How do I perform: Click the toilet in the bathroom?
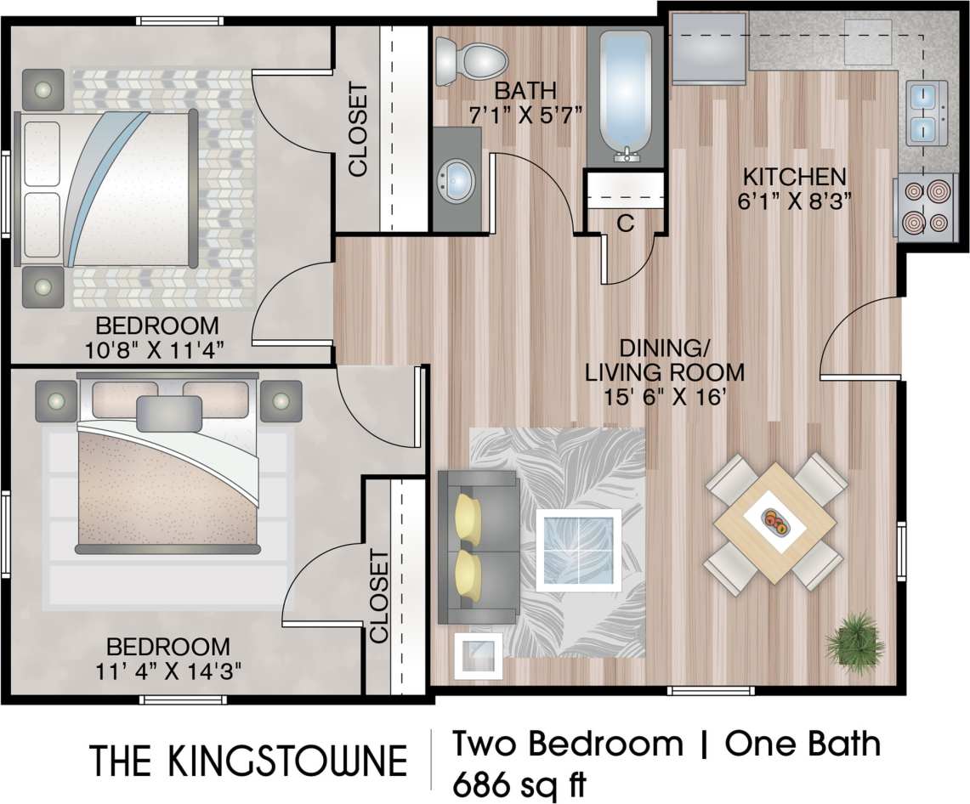coord(472,59)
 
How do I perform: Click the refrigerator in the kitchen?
coord(708,48)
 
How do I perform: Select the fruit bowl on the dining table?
coord(776,522)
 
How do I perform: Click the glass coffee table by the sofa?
coord(578,549)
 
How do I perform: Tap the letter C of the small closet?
coord(625,224)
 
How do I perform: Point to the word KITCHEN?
coord(794,177)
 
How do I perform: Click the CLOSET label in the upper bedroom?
coord(358,129)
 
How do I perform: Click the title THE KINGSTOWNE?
coord(248,762)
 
